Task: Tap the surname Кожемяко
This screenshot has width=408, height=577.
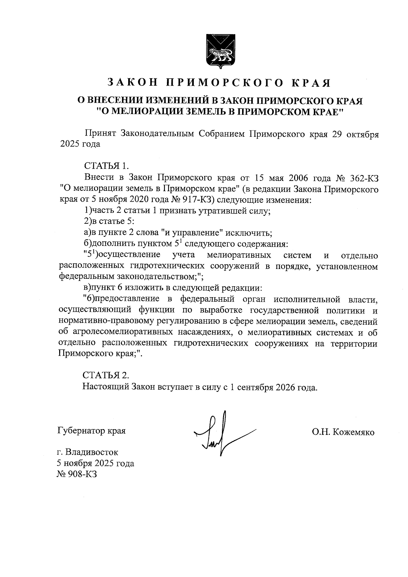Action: pos(354,432)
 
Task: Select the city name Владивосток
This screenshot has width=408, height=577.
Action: pos(92,453)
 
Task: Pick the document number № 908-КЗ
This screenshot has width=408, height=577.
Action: pos(78,474)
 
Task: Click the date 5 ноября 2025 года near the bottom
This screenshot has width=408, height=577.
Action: pos(96,463)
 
